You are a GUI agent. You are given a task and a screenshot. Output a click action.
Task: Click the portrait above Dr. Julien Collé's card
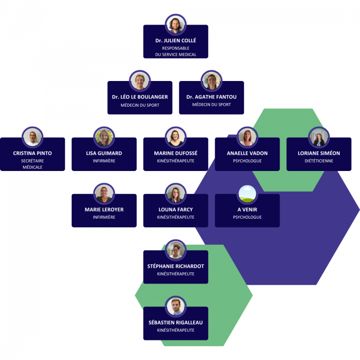(x=175, y=25)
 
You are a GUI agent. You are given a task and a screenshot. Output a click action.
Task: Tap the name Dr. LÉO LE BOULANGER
(x=140, y=97)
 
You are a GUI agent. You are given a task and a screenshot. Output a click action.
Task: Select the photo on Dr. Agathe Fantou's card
(x=211, y=81)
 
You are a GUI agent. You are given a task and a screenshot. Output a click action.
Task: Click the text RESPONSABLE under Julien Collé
(x=175, y=48)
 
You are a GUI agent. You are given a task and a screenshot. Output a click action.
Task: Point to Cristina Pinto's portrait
(x=32, y=137)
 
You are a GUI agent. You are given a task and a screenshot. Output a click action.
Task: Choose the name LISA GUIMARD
(x=104, y=153)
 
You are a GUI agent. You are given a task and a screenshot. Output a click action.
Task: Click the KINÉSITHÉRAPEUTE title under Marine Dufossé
(x=175, y=161)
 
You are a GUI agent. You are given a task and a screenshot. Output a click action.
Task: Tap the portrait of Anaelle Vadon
(x=247, y=137)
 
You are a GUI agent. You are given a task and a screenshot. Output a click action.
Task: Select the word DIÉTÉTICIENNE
(x=319, y=161)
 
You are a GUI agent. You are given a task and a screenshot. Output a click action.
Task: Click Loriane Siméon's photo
(x=319, y=137)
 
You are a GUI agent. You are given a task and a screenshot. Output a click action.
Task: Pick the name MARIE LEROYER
(x=104, y=210)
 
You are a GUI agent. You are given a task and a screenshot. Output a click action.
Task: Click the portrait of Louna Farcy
(x=175, y=194)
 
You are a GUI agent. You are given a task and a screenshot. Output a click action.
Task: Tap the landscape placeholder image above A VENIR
(x=247, y=194)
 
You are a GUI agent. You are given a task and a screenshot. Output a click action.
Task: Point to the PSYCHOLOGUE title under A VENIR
(x=247, y=217)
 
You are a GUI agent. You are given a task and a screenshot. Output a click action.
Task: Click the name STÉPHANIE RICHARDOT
(x=175, y=266)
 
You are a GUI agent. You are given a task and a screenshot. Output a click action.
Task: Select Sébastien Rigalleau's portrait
(x=175, y=306)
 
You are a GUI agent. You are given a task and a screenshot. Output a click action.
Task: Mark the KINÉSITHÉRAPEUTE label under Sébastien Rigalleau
(x=175, y=330)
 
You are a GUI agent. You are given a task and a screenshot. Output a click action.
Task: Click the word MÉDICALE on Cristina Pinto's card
(x=32, y=167)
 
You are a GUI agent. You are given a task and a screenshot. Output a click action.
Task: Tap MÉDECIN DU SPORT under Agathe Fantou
(x=211, y=105)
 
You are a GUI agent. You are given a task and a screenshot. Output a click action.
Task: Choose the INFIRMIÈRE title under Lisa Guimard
(x=104, y=161)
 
